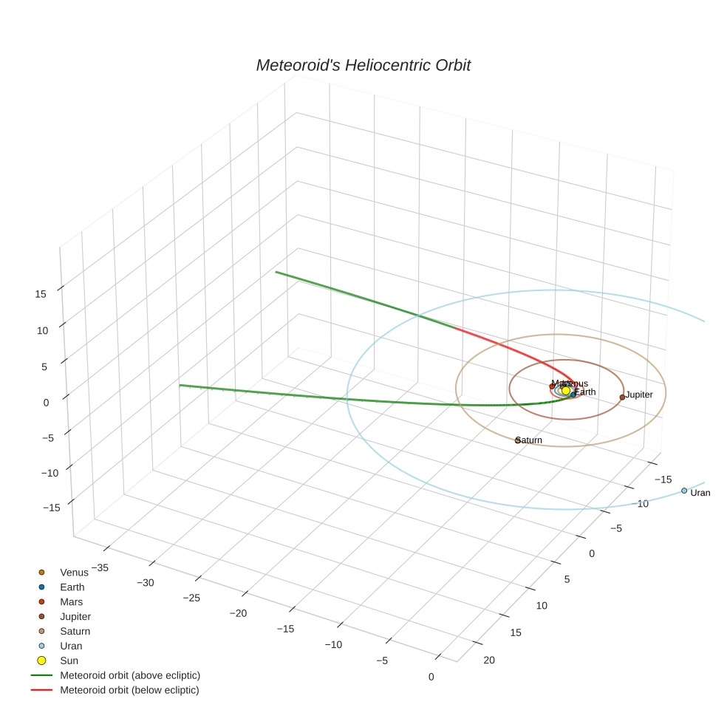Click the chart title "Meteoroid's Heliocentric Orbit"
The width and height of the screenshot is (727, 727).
(363, 66)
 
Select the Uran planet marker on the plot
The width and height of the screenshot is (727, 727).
(683, 491)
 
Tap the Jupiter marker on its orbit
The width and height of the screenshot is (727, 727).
(622, 397)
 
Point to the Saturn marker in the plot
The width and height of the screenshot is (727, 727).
(517, 440)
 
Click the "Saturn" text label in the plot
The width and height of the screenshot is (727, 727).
(530, 440)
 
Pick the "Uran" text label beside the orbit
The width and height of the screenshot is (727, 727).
(700, 493)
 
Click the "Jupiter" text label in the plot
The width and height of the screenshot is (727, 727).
(639, 395)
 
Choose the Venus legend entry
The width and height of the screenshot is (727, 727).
(74, 572)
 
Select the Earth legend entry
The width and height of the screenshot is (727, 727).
(72, 587)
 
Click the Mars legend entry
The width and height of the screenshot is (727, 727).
(71, 601)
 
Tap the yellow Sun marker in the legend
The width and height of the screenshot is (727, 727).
(42, 661)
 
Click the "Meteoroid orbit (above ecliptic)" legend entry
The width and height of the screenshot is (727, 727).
(130, 675)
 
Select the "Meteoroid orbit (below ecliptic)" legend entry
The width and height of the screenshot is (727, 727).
(129, 690)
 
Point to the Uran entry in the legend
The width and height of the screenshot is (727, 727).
(71, 646)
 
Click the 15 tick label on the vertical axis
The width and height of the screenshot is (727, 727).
(40, 293)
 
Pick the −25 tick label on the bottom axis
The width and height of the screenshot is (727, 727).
(191, 597)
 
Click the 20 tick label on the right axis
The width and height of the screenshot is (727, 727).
(488, 660)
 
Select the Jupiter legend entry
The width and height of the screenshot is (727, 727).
(75, 616)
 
